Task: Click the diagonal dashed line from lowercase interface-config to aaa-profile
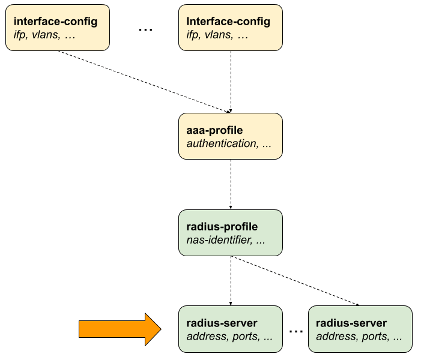(x=144, y=81)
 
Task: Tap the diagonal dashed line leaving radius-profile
(x=294, y=281)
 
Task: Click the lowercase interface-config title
(x=55, y=22)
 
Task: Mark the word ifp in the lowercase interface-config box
(x=20, y=35)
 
